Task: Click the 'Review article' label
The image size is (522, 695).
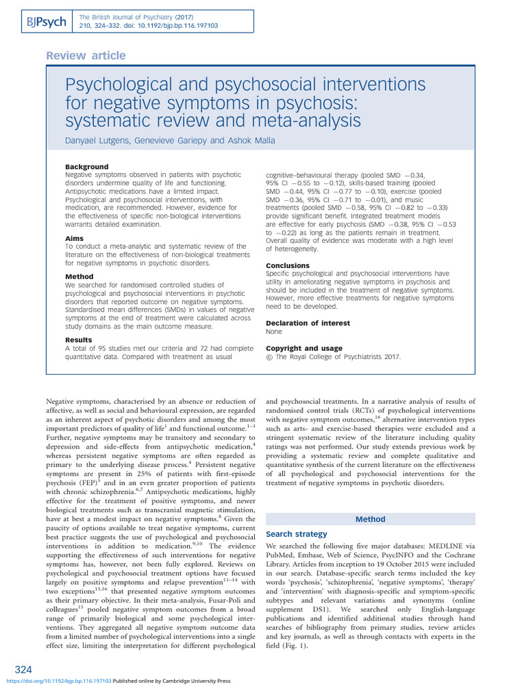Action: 85,56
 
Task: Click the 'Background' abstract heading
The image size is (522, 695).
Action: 86,167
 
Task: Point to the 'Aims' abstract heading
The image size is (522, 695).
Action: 74,239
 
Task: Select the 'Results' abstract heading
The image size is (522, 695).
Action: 79,339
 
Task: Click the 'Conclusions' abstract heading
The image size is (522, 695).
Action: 288,265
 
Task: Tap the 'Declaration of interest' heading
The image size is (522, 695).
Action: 308,323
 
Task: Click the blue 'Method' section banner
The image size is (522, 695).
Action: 370,519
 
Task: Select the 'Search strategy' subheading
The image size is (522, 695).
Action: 296,534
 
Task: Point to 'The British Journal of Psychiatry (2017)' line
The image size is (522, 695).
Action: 137,16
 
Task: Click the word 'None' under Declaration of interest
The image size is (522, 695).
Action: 274,332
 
